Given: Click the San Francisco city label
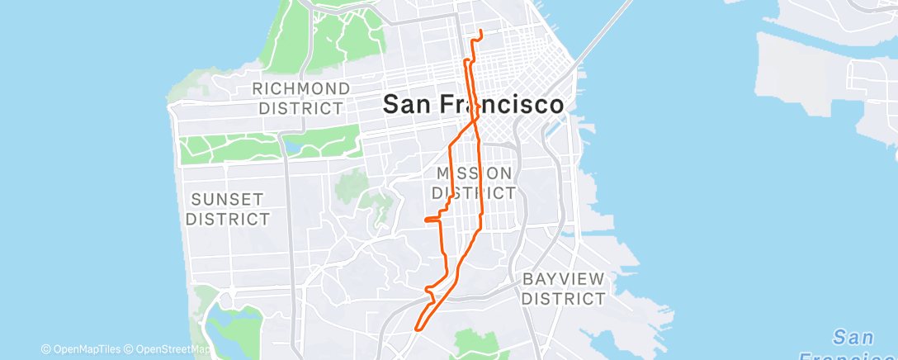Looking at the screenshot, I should [x=474, y=105].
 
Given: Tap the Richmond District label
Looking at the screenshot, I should [x=300, y=98].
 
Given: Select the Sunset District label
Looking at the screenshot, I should [x=228, y=209].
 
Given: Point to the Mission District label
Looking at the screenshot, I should [x=474, y=182].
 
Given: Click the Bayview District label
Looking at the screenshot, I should [x=564, y=288].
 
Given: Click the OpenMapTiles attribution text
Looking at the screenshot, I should [x=81, y=349].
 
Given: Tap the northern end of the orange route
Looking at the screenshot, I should [x=480, y=31].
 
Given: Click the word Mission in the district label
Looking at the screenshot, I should [x=474, y=173].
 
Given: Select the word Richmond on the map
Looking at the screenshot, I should [x=300, y=88].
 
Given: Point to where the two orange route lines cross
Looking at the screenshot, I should [x=474, y=121].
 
